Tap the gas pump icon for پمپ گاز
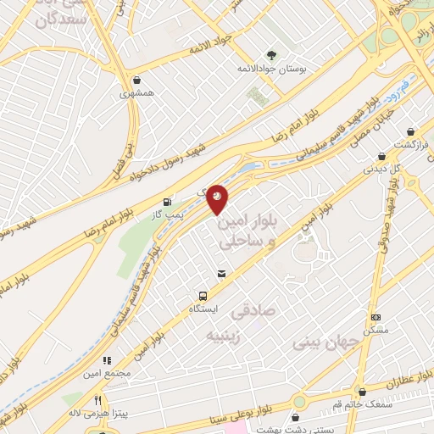click(167, 202)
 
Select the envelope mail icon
click(221, 273)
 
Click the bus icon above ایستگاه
click(203, 296)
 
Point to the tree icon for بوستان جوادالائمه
click(272, 53)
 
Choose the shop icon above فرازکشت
click(411, 131)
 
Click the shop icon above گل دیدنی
click(382, 156)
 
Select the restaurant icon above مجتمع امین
click(107, 360)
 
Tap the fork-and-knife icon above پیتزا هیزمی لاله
click(98, 400)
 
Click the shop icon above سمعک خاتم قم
click(363, 392)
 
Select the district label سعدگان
click(58, 19)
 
